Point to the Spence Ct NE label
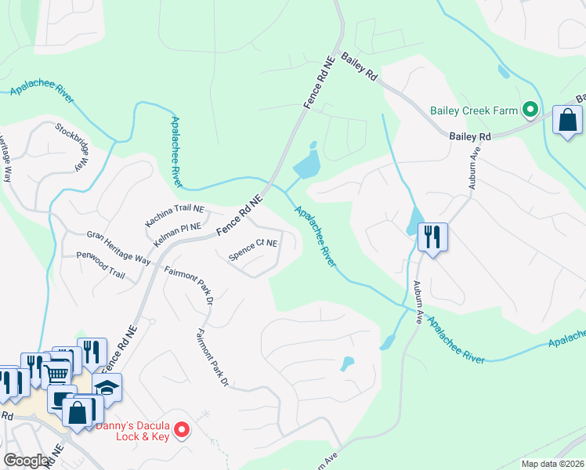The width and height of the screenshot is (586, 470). (253, 248)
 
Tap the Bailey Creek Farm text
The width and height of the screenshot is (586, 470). (474, 110)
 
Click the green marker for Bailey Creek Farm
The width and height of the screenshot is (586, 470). (530, 110)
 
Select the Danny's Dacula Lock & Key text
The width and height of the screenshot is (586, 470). (132, 432)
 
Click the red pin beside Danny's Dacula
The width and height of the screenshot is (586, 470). (182, 428)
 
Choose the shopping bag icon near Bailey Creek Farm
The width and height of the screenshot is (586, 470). (567, 121)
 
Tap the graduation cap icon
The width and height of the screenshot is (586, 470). (107, 386)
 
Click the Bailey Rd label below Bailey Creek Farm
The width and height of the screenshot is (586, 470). (470, 136)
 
